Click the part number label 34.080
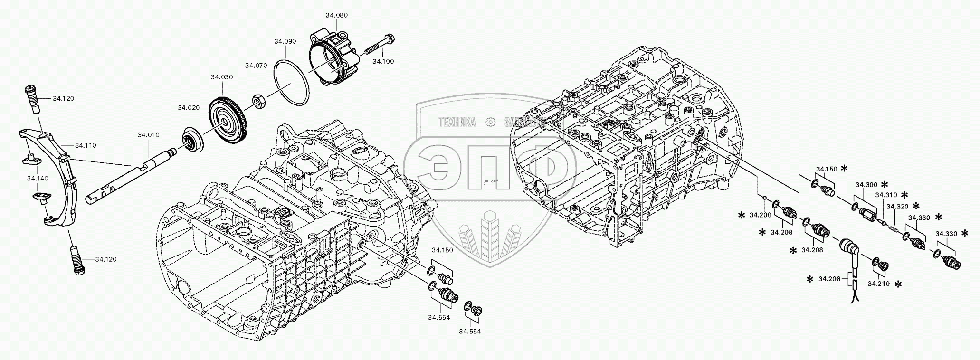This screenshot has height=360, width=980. pyautogui.click(x=336, y=15)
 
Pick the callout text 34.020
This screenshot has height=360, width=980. pyautogui.click(x=189, y=108)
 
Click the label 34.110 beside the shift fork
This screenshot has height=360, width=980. pyautogui.click(x=86, y=145)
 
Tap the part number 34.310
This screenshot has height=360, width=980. pyautogui.click(x=886, y=195)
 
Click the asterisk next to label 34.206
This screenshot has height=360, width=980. pyautogui.click(x=809, y=280)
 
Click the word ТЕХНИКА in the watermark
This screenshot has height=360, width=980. pyautogui.click(x=457, y=122)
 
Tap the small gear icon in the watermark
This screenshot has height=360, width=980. pyautogui.click(x=490, y=122)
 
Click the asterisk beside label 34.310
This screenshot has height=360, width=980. pyautogui.click(x=904, y=195)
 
